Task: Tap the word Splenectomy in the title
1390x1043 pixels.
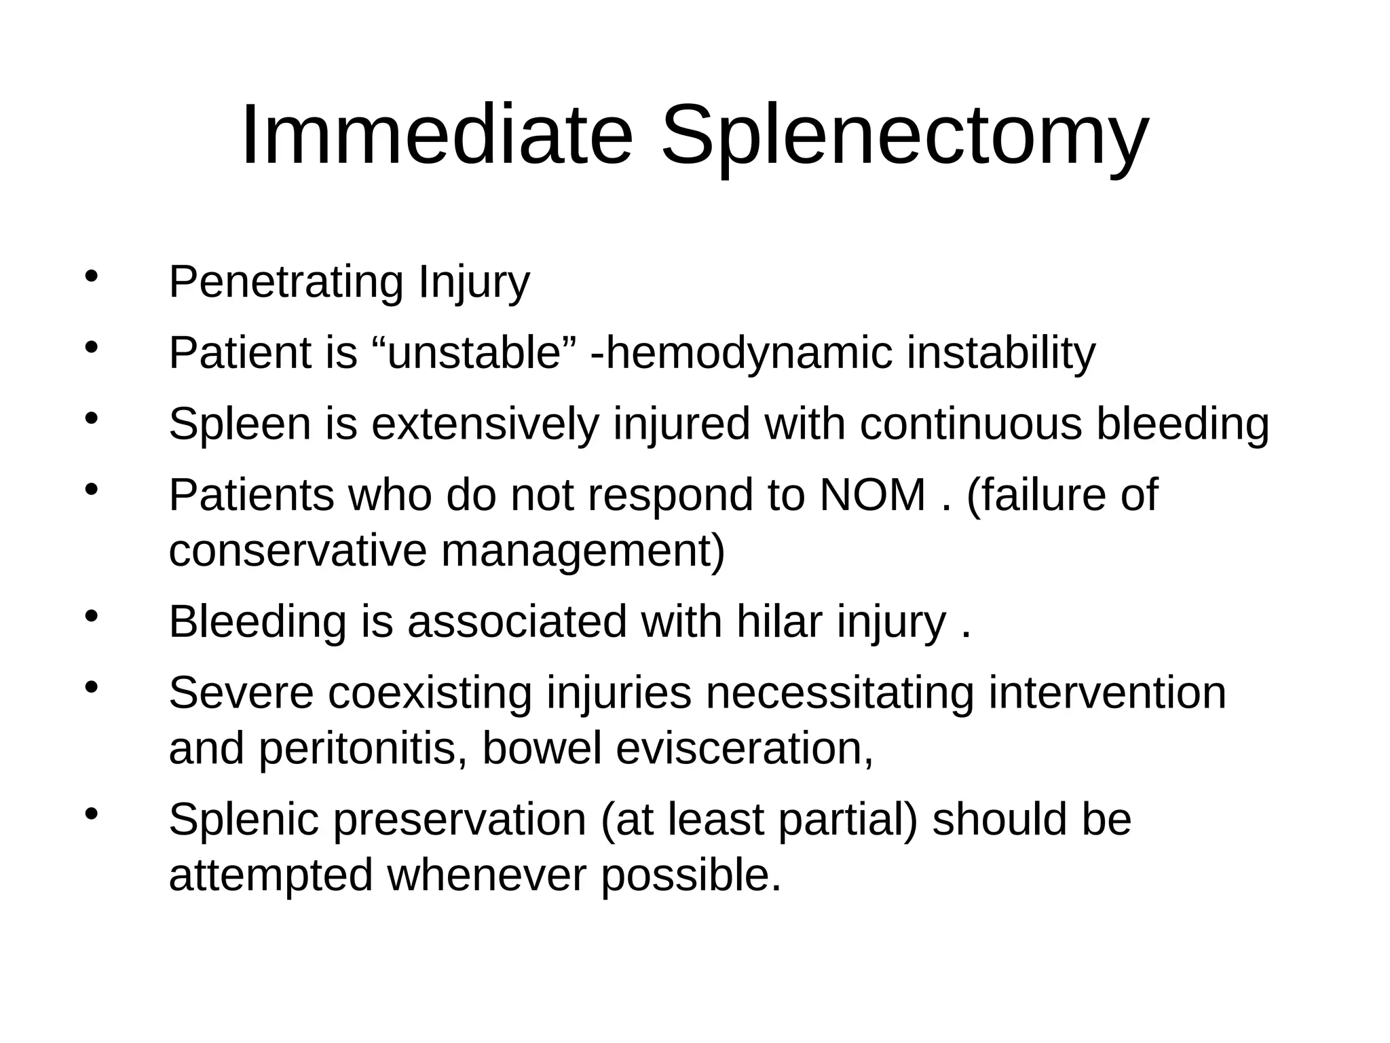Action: pyautogui.click(x=904, y=136)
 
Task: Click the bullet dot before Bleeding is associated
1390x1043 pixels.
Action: pyautogui.click(x=92, y=617)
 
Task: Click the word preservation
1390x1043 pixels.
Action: pyautogui.click(x=459, y=819)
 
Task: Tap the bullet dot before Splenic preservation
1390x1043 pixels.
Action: pyautogui.click(x=92, y=813)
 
